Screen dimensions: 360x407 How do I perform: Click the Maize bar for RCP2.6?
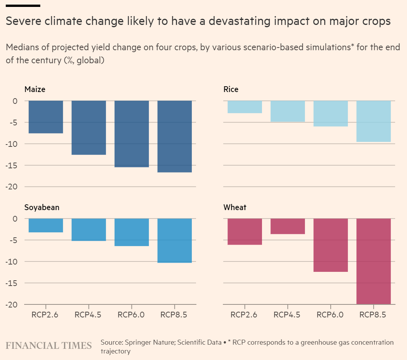click(x=46, y=117)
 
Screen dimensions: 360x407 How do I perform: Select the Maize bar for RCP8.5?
click(x=175, y=136)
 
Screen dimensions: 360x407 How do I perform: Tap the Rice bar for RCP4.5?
click(x=288, y=111)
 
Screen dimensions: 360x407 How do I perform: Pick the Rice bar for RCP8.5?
click(x=374, y=121)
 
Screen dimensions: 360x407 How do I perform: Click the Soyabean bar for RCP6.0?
click(x=132, y=232)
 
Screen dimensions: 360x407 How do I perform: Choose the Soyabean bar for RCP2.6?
click(x=46, y=225)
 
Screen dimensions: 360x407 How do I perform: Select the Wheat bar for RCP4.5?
click(x=288, y=226)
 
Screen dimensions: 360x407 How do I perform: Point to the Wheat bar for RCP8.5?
click(x=374, y=261)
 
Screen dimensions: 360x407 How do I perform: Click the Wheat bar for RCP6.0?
click(x=331, y=245)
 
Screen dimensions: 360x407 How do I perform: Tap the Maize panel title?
click(x=35, y=89)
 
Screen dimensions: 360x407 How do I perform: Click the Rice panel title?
click(x=231, y=89)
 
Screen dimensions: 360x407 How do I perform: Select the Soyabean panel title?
click(x=42, y=207)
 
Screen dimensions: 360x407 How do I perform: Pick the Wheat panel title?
click(x=235, y=207)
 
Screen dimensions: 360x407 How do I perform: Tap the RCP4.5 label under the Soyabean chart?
click(x=88, y=315)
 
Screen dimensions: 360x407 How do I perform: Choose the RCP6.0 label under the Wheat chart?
click(x=330, y=315)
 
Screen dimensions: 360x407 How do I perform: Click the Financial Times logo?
click(x=49, y=345)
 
